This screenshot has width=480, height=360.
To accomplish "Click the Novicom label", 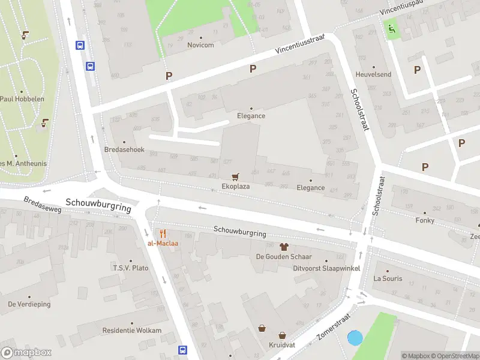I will click(200, 45).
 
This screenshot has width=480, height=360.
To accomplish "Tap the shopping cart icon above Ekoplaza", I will click(235, 176).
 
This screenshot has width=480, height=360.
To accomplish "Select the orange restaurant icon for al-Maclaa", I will click(163, 233).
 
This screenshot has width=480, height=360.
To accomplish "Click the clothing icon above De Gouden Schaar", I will click(284, 247).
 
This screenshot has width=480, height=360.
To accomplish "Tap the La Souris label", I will click(388, 278).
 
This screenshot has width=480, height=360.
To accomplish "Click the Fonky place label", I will click(424, 220).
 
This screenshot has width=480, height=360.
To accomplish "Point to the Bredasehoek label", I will click(124, 149).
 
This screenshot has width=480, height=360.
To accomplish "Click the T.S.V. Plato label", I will click(131, 268).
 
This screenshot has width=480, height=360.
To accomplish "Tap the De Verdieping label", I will click(29, 304).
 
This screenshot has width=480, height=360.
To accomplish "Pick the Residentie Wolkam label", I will click(131, 330).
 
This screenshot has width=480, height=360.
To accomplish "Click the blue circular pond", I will click(355, 338).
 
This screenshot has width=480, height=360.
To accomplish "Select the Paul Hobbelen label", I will click(23, 98).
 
